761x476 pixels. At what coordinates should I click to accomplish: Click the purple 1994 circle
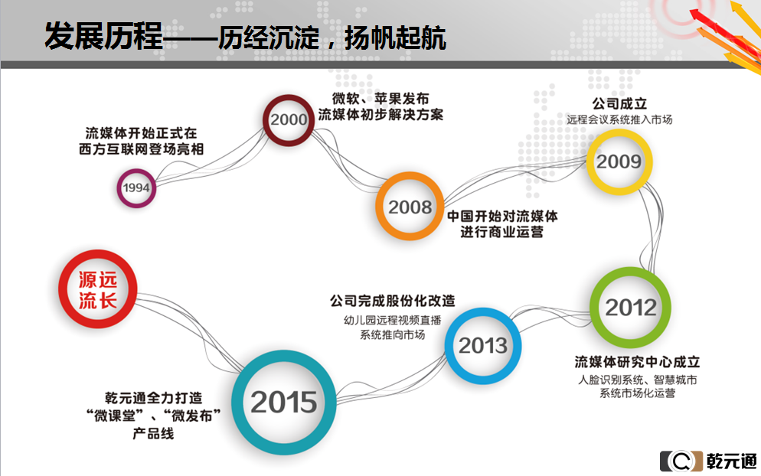point(118,188)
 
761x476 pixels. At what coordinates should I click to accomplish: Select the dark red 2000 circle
point(265,120)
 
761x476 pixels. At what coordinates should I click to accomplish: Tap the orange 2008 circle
point(379,206)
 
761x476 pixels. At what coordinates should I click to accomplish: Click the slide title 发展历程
point(104,36)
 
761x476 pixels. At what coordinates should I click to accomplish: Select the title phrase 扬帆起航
point(395,37)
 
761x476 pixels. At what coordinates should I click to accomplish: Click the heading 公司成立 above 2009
point(619,103)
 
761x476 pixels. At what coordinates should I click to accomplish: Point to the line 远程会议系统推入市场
point(619,119)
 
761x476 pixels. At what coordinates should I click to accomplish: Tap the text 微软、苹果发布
point(380,99)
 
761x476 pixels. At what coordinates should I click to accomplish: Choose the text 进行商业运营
point(501,232)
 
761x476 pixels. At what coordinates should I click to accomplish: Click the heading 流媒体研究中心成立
point(637,362)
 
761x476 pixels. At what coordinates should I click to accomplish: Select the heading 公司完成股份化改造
point(393,301)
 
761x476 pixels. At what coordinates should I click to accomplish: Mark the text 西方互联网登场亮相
point(141,149)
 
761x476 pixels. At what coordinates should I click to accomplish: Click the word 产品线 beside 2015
point(153,433)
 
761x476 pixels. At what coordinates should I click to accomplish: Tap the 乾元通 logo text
point(731,461)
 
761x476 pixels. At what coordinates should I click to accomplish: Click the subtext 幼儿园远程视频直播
point(393,320)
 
